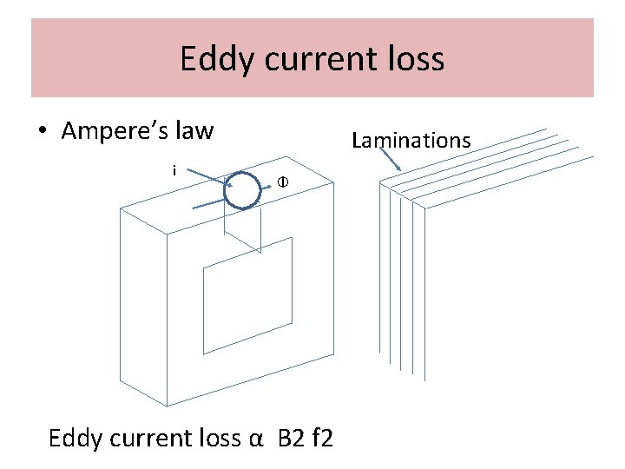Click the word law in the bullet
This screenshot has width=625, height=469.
coord(193,131)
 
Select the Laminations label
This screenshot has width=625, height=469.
coord(411,140)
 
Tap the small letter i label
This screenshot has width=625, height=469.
coord(174,170)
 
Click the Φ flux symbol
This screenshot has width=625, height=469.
coord(282,182)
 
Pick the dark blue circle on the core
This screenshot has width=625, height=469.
coord(242,190)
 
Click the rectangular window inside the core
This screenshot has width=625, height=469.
coord(247,296)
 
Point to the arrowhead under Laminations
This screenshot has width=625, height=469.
coord(398,168)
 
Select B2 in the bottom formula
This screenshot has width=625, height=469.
coord(291,438)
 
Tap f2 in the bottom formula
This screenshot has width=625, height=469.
coord(319,438)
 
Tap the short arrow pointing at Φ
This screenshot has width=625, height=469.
coord(266,185)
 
